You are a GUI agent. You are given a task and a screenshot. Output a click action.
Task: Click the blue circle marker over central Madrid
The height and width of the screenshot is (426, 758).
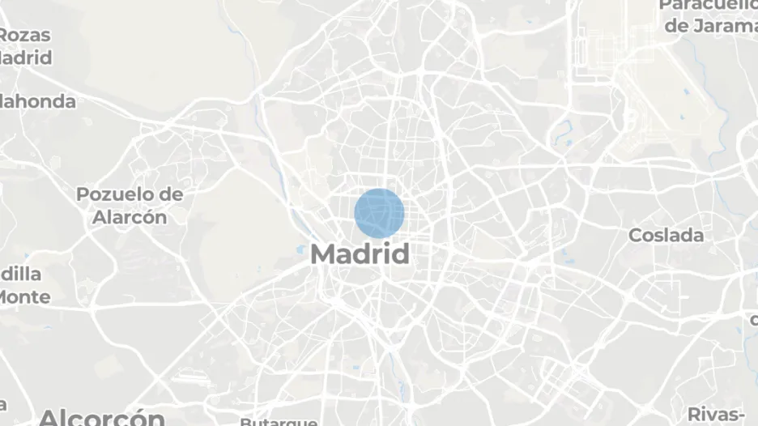tap(379, 213)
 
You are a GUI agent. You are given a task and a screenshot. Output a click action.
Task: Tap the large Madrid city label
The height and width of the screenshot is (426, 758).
tap(360, 253)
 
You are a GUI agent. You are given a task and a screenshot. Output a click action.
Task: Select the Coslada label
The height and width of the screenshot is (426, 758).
tap(666, 236)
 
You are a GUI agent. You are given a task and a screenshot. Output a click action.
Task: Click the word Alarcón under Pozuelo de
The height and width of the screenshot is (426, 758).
tap(129, 217)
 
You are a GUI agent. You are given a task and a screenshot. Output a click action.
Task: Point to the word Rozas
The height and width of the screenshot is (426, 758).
tap(26, 36)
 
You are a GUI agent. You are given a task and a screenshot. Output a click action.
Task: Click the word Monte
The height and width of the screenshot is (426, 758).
tap(24, 296)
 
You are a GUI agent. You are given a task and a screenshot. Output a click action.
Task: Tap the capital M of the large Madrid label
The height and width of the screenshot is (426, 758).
tap(324, 253)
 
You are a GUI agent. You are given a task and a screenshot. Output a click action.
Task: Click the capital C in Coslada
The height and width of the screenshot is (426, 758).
tap(637, 236)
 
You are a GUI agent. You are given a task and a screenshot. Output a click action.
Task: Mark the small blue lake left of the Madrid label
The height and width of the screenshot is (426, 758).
tap(300, 249)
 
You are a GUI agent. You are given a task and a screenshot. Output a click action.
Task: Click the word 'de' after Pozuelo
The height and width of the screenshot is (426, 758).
tap(171, 194)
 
